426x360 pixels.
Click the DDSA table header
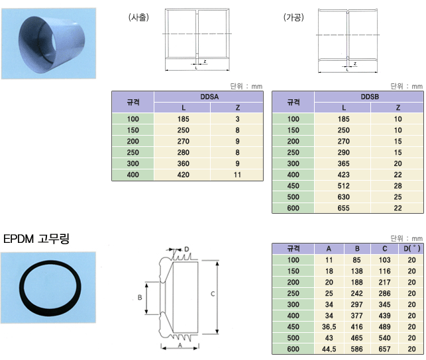click(209, 97)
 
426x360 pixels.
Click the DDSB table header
click(370, 97)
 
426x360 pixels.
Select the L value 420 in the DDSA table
click(184, 175)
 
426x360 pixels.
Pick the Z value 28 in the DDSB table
click(398, 186)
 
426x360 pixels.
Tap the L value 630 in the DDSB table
click(344, 197)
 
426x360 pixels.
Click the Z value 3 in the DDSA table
click(237, 119)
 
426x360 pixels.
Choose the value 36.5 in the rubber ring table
click(329, 327)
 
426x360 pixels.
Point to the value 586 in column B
click(356, 349)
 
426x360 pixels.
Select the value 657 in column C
click(385, 349)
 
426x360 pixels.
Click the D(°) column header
click(411, 249)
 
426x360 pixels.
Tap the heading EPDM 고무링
click(36, 239)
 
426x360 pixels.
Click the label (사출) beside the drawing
click(138, 17)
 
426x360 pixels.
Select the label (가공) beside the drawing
click(293, 17)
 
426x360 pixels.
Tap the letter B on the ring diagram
click(140, 298)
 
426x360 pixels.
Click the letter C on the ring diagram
click(213, 294)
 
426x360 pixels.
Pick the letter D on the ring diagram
click(187, 249)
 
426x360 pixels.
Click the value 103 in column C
click(385, 260)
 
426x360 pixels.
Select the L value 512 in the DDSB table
click(344, 186)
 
